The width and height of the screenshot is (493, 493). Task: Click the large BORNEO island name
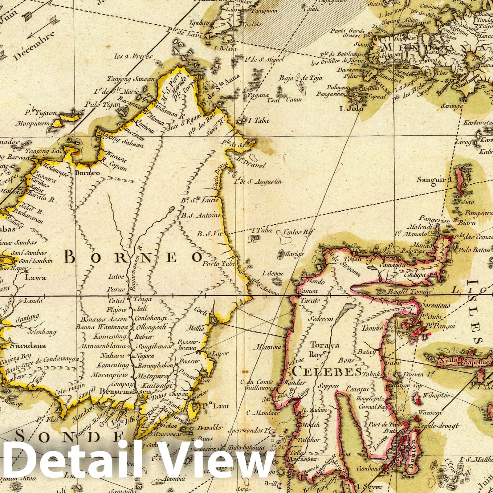click(134, 256)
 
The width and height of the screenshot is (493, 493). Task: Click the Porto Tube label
click(219, 264)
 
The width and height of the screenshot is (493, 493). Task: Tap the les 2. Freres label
click(137, 56)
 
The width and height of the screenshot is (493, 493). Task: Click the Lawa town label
click(36, 278)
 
